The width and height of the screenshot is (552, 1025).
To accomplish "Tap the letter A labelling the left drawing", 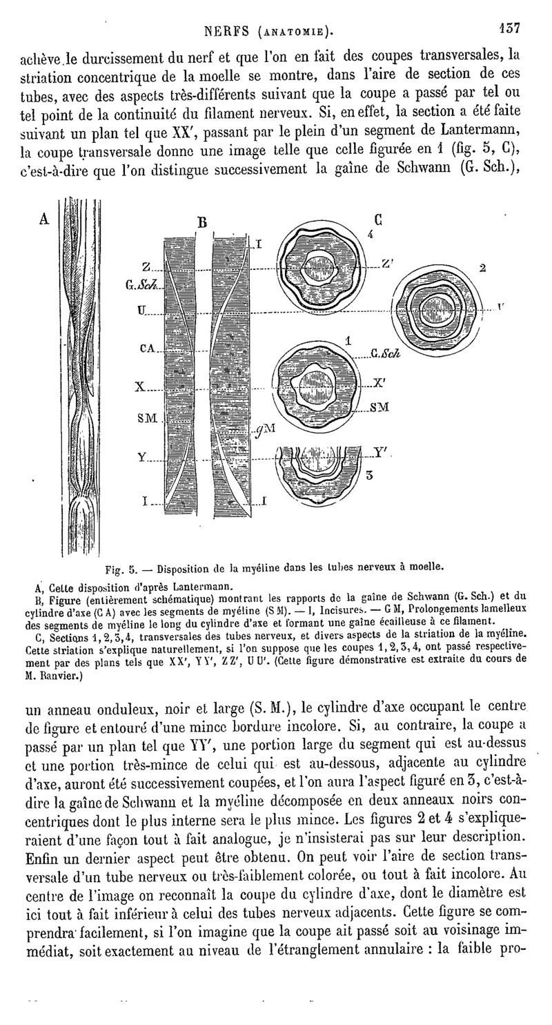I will tap(45, 218).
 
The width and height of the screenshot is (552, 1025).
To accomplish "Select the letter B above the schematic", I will tap(202, 222).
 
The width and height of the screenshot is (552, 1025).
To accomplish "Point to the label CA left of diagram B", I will tap(147, 349).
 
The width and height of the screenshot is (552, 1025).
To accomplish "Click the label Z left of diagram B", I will tap(146, 267).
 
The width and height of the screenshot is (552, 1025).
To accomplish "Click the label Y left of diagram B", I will tap(141, 457).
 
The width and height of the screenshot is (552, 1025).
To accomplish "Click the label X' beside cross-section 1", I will tap(378, 382).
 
